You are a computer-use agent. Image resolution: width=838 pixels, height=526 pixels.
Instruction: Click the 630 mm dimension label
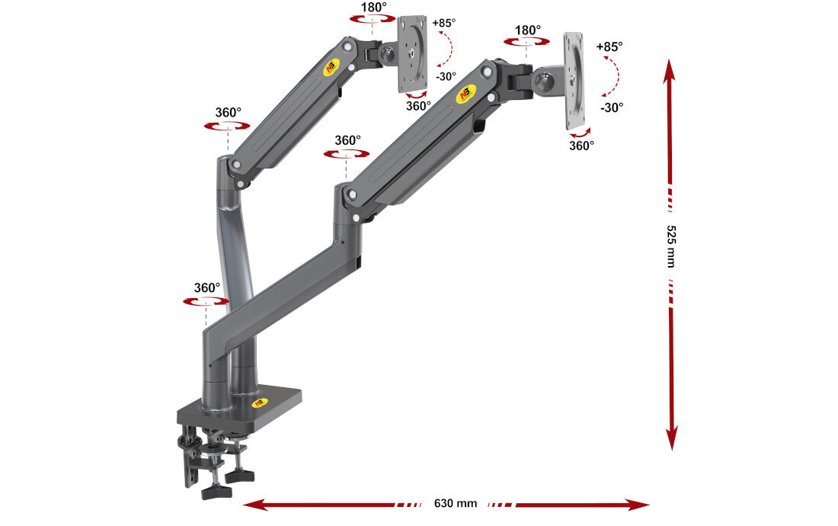pyautogui.click(x=456, y=503)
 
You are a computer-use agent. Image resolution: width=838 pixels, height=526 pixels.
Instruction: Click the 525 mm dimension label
pyautogui.click(x=671, y=245)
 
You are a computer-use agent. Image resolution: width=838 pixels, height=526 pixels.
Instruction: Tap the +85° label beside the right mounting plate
pyautogui.click(x=609, y=47)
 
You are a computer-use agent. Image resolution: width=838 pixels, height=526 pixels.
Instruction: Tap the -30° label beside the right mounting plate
pyautogui.click(x=611, y=107)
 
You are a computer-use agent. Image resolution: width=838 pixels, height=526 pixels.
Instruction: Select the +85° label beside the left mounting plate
pyautogui.click(x=443, y=23)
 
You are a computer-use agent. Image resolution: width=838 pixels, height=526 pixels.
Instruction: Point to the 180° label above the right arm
pyautogui.click(x=527, y=30)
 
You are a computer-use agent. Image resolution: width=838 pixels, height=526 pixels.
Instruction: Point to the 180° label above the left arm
pyautogui.click(x=373, y=7)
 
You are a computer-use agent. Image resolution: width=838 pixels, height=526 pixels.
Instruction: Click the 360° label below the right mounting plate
pyautogui.click(x=581, y=146)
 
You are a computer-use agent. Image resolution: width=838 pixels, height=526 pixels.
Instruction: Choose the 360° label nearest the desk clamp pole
pyautogui.click(x=206, y=287)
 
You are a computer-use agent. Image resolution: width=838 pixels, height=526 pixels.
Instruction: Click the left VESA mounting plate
pyautogui.click(x=413, y=53)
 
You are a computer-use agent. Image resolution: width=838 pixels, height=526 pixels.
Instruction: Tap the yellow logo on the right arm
pyautogui.click(x=465, y=95)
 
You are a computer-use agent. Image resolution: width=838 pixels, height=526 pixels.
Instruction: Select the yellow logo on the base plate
pyautogui.click(x=261, y=403)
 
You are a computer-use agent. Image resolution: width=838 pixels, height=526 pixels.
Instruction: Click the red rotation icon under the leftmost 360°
pyautogui.click(x=206, y=302)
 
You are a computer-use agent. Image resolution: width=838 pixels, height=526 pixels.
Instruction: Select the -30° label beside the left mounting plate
pyautogui.click(x=446, y=76)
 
